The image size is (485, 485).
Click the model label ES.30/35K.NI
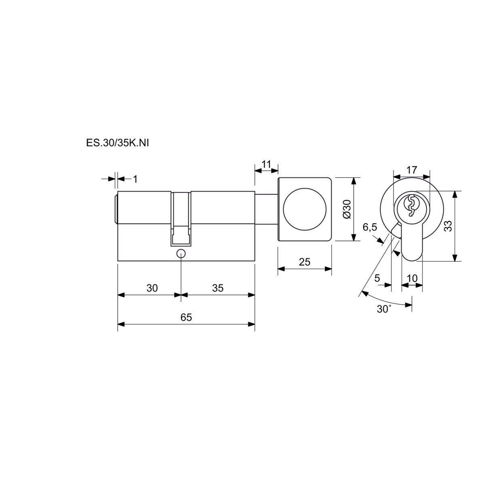(117, 143)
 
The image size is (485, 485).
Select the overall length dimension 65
(186, 317)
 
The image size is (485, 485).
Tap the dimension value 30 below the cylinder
(152, 288)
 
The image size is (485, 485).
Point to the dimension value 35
(218, 288)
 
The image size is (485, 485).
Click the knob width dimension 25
(305, 262)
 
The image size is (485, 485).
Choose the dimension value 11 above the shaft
(266, 164)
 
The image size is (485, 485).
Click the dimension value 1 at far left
(135, 179)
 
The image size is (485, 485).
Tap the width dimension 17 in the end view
(412, 170)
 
